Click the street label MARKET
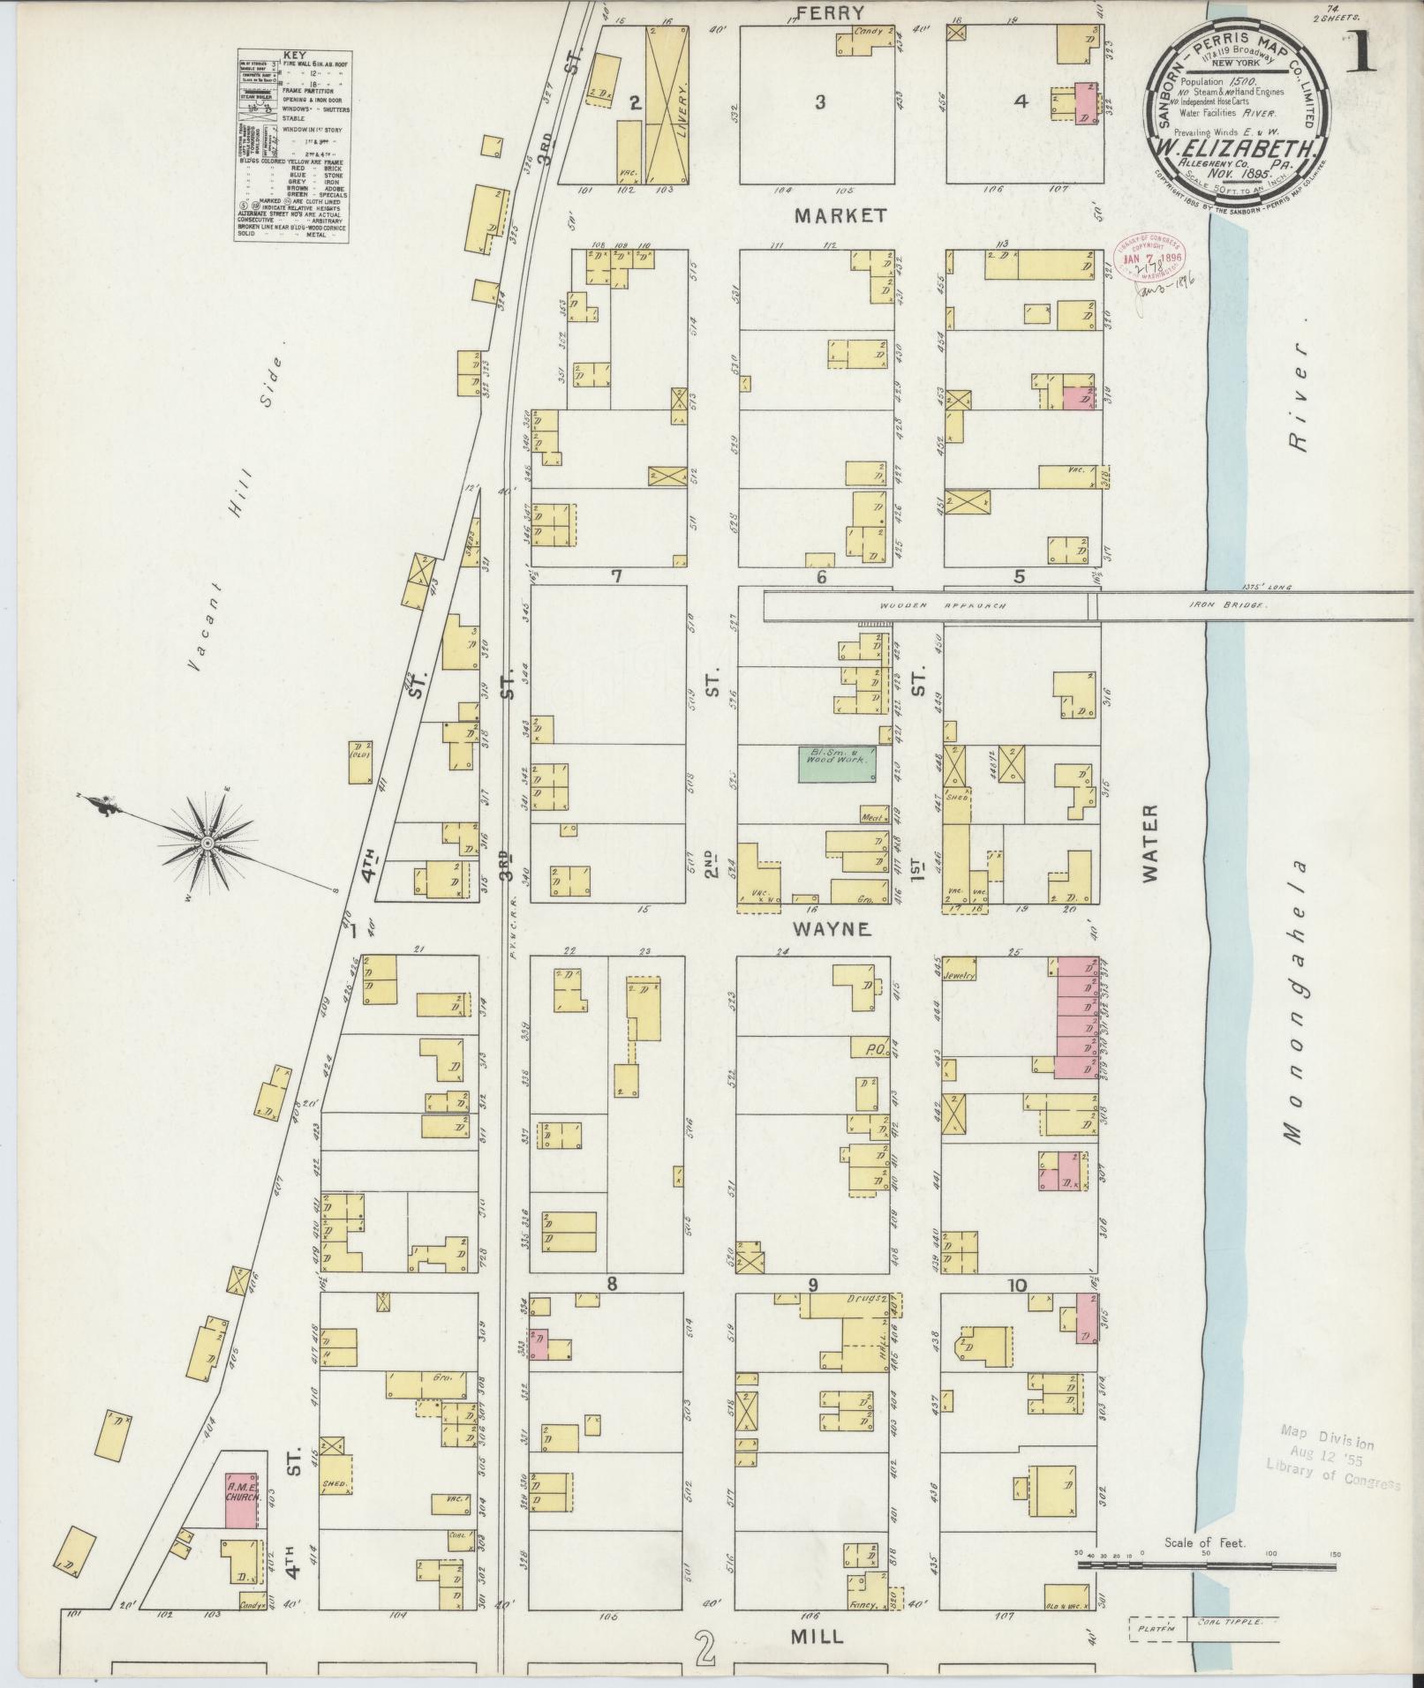[840, 215]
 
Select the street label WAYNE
[831, 929]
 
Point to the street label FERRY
[828, 12]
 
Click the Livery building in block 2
[668, 105]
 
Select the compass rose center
[206, 844]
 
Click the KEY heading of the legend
[290, 55]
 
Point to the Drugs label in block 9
[870, 1299]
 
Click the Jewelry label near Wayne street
[958, 976]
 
